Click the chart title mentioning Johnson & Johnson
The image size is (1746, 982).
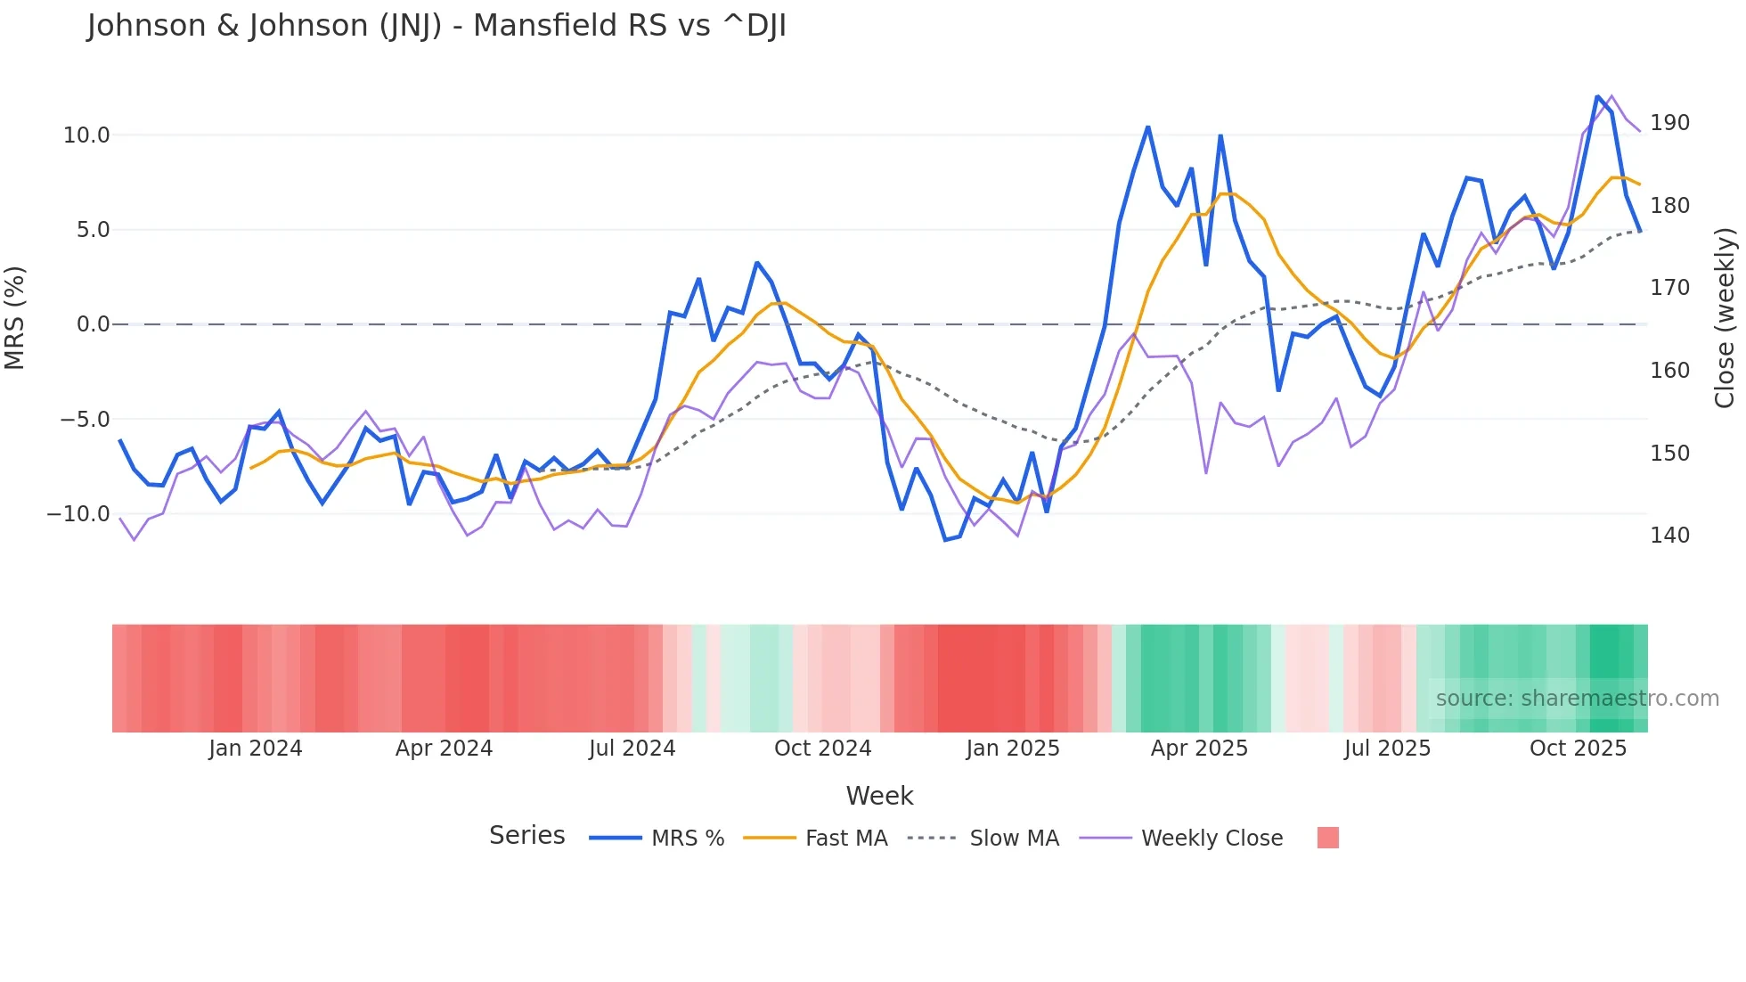(436, 26)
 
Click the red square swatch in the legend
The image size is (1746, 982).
(1327, 838)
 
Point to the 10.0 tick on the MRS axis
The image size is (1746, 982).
(86, 135)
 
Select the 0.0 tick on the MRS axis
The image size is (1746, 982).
(93, 324)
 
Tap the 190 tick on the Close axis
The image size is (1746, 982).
(1669, 123)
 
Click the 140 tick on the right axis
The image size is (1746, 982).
(1669, 536)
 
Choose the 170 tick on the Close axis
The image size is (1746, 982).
(1669, 288)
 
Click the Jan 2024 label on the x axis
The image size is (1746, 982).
(256, 749)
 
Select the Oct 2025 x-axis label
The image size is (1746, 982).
(1578, 749)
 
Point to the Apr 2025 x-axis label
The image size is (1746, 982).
(1199, 749)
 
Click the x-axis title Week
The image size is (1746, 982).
(879, 796)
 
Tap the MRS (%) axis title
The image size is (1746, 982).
(15, 318)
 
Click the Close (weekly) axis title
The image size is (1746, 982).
(1726, 318)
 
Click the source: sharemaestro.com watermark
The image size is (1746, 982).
(1577, 699)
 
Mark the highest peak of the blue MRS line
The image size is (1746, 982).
(1597, 96)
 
